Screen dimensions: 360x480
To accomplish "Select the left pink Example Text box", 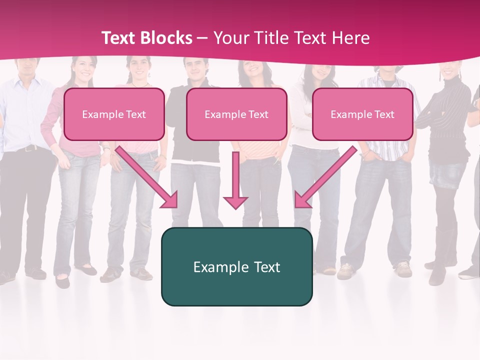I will pos(114,114).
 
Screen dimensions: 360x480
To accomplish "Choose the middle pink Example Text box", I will pos(236,114).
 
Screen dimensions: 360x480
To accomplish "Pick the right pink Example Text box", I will pos(362,114).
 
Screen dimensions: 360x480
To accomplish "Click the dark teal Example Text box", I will pos(236,266).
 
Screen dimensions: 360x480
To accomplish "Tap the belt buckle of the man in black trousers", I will pos(27,148).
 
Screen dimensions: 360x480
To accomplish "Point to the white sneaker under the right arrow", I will pos(345,270).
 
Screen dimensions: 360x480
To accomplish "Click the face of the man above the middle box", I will pos(195,70).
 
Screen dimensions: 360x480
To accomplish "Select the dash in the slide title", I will pos(202,38).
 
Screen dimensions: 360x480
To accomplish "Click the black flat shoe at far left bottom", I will pos(62,282).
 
